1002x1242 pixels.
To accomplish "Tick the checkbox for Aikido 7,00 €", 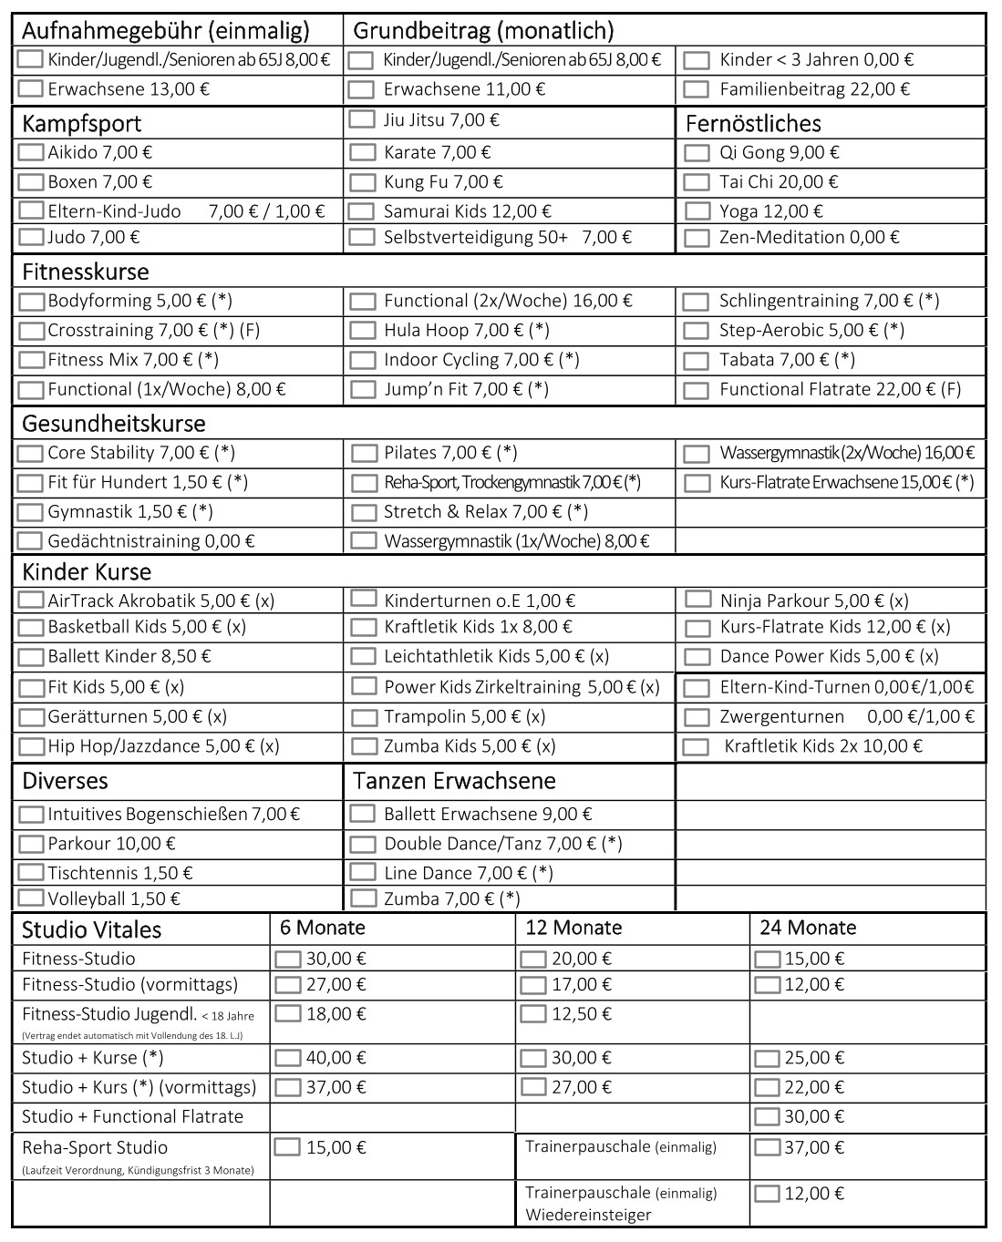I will click(x=31, y=153).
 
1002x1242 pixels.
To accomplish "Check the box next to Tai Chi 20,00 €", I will click(x=697, y=182).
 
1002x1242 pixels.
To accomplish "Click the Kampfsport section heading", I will click(x=82, y=124).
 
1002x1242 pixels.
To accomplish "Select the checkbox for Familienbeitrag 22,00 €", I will click(x=697, y=89).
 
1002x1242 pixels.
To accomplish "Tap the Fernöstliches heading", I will click(x=753, y=124).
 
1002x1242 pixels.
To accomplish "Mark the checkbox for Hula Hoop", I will click(x=363, y=331).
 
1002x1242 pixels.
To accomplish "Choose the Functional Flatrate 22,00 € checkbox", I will click(x=697, y=390).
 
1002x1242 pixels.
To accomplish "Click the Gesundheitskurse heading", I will click(x=114, y=424).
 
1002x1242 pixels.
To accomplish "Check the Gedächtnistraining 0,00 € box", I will click(x=31, y=541).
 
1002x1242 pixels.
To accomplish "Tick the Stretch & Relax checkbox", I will click(x=363, y=512).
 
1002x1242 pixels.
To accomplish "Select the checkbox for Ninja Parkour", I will click(x=698, y=600).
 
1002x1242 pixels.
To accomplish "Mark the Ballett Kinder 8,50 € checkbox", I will click(x=31, y=656).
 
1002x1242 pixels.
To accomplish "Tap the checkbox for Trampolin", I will click(x=364, y=718).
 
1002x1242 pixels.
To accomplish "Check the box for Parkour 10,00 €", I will click(x=31, y=844).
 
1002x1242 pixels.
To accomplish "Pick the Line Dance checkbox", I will click(x=363, y=873).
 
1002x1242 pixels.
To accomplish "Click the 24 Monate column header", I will click(x=808, y=928).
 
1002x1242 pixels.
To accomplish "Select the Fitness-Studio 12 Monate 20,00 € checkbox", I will click(x=532, y=959).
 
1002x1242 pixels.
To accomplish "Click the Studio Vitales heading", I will click(x=91, y=930).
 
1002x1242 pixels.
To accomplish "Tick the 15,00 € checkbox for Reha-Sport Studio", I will click(x=287, y=1147).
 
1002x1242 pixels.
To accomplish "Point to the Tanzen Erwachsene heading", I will click(x=454, y=781).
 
